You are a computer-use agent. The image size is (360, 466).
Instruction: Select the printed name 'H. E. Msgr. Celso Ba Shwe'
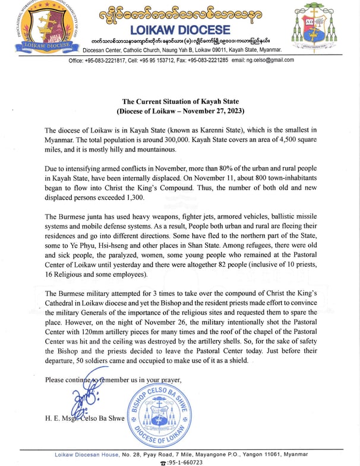coord(85,418)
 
